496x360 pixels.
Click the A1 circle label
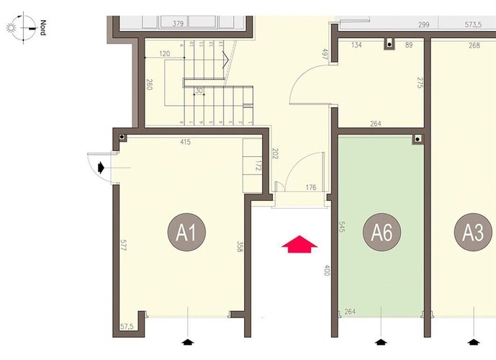coord(187,233)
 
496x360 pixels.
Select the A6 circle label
coord(382,233)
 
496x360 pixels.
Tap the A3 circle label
coord(473,233)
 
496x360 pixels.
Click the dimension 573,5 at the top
coord(473,24)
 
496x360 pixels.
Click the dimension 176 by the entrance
coord(311,189)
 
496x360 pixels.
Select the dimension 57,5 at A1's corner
coord(127,327)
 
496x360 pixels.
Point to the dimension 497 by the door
coord(325,55)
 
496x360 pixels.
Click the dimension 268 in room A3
coord(474,46)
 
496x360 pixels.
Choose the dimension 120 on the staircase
coord(164,55)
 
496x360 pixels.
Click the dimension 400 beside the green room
coord(326,272)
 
